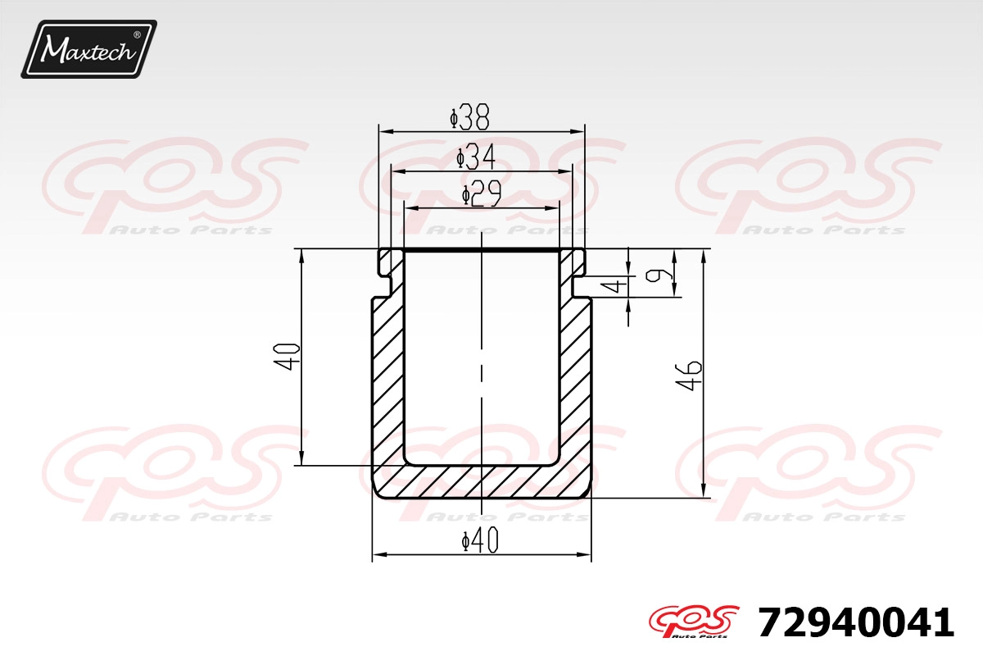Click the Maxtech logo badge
coord(88,49)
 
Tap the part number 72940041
coord(856,622)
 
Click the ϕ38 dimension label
coord(469,117)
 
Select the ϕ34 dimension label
coord(476,157)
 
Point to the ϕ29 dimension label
coord(482,194)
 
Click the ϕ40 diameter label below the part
coord(481,540)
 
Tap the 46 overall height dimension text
coord(689,376)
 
